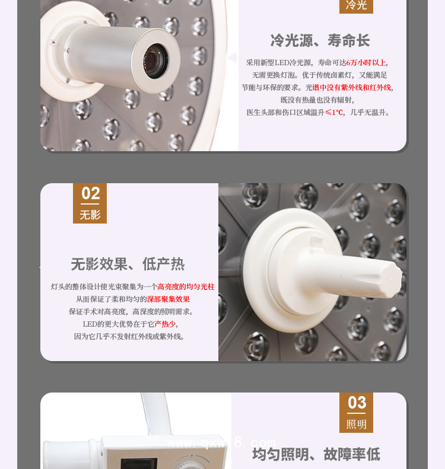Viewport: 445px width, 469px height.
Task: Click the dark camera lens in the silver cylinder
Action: click(x=155, y=61)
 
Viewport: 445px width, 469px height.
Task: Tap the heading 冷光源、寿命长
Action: click(x=320, y=40)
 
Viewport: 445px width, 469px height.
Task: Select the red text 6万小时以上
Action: click(x=366, y=62)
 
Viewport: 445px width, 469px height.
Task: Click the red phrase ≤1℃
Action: click(x=334, y=113)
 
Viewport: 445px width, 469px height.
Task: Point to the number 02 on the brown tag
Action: click(x=91, y=193)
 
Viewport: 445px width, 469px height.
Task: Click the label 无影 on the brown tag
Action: click(x=90, y=215)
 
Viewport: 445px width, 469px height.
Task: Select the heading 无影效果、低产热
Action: click(x=128, y=264)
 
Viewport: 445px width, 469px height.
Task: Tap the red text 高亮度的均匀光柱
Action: click(x=186, y=287)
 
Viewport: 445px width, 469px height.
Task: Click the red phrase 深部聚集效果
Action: click(x=168, y=299)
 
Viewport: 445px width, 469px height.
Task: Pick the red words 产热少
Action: click(x=165, y=324)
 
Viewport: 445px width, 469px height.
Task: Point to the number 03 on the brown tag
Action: click(x=357, y=403)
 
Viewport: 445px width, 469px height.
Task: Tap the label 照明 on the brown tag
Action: click(x=356, y=424)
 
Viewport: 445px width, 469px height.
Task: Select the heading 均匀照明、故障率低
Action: click(x=316, y=454)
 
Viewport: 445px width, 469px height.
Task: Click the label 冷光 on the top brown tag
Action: click(x=356, y=5)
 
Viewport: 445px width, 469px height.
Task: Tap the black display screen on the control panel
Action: click(x=139, y=463)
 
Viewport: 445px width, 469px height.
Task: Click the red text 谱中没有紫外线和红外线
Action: click(x=352, y=87)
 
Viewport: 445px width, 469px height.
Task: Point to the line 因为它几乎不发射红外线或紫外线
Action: click(x=129, y=337)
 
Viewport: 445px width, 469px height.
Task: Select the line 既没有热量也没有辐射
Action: click(x=317, y=100)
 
